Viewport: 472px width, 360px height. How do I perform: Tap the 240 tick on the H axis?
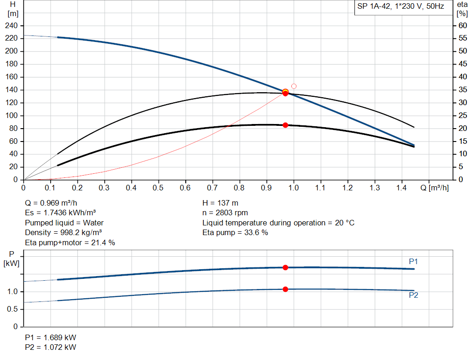pos(12,25)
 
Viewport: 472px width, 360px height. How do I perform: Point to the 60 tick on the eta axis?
pos(461,25)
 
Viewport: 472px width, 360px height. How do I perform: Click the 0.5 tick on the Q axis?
pos(159,188)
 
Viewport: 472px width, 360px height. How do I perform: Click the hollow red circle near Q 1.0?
pos(294,86)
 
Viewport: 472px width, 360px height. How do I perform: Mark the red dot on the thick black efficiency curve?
pos(285,125)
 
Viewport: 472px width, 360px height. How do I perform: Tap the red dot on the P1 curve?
pos(285,267)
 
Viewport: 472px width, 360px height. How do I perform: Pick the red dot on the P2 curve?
pos(285,289)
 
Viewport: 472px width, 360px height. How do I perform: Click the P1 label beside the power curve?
pos(413,261)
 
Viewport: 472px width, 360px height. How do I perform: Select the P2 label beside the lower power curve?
pos(413,295)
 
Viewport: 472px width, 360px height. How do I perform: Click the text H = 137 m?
pos(220,203)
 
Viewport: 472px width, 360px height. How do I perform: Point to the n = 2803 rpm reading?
pos(225,213)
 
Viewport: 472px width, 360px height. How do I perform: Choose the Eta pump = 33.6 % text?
pos(235,233)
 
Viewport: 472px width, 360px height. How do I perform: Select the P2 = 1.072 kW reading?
pos(51,347)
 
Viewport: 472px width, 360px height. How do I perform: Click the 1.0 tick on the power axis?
pos(12,292)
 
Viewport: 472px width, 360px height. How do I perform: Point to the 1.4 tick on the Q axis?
pos(401,188)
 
